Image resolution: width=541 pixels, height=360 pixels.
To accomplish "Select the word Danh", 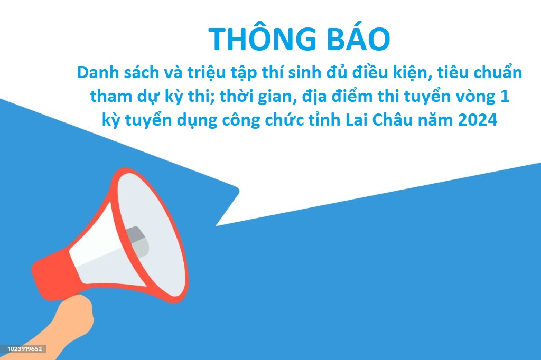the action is (x=96, y=72).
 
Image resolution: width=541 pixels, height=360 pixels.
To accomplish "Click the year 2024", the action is (x=478, y=120).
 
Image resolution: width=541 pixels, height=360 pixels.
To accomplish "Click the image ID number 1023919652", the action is (x=24, y=349).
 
